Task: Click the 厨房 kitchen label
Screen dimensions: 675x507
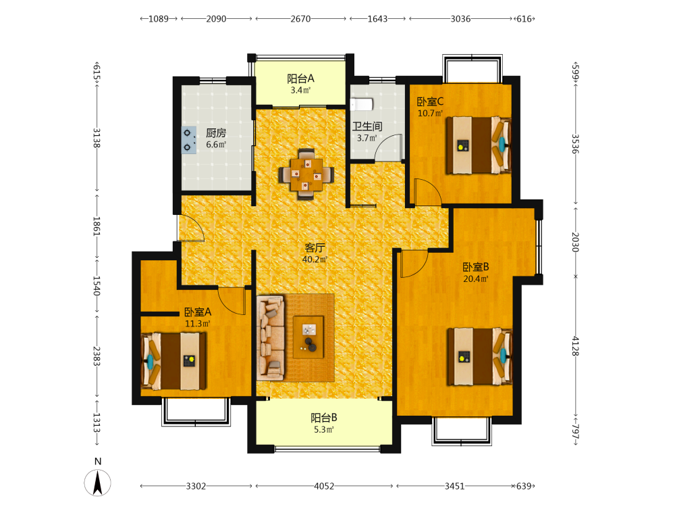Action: pos(216,132)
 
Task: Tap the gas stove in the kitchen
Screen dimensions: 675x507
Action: pos(189,140)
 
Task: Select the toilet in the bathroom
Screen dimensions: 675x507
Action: pos(361,104)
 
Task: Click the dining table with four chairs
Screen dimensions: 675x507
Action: pos(306,174)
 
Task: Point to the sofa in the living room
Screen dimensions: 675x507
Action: pos(271,337)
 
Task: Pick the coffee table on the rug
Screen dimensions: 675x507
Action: pos(308,337)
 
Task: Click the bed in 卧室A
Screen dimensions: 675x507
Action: pos(173,361)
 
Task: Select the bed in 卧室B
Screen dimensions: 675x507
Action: pos(479,356)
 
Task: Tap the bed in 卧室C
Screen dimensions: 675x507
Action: pos(479,145)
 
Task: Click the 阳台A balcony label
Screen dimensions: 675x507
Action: pos(300,78)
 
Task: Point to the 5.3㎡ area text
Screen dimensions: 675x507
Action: pos(324,429)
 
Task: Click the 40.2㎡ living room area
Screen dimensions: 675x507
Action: pos(315,260)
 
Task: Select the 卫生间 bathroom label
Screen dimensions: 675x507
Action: pos(367,126)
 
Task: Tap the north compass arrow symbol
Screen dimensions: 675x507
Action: pos(98,483)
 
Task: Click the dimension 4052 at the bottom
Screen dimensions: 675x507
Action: pos(324,486)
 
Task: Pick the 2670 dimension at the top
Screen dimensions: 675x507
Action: pos(300,18)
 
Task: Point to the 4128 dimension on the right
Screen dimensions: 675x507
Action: pos(575,346)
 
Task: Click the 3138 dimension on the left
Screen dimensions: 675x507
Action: pos(97,137)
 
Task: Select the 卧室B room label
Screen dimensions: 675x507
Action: pos(476,267)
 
